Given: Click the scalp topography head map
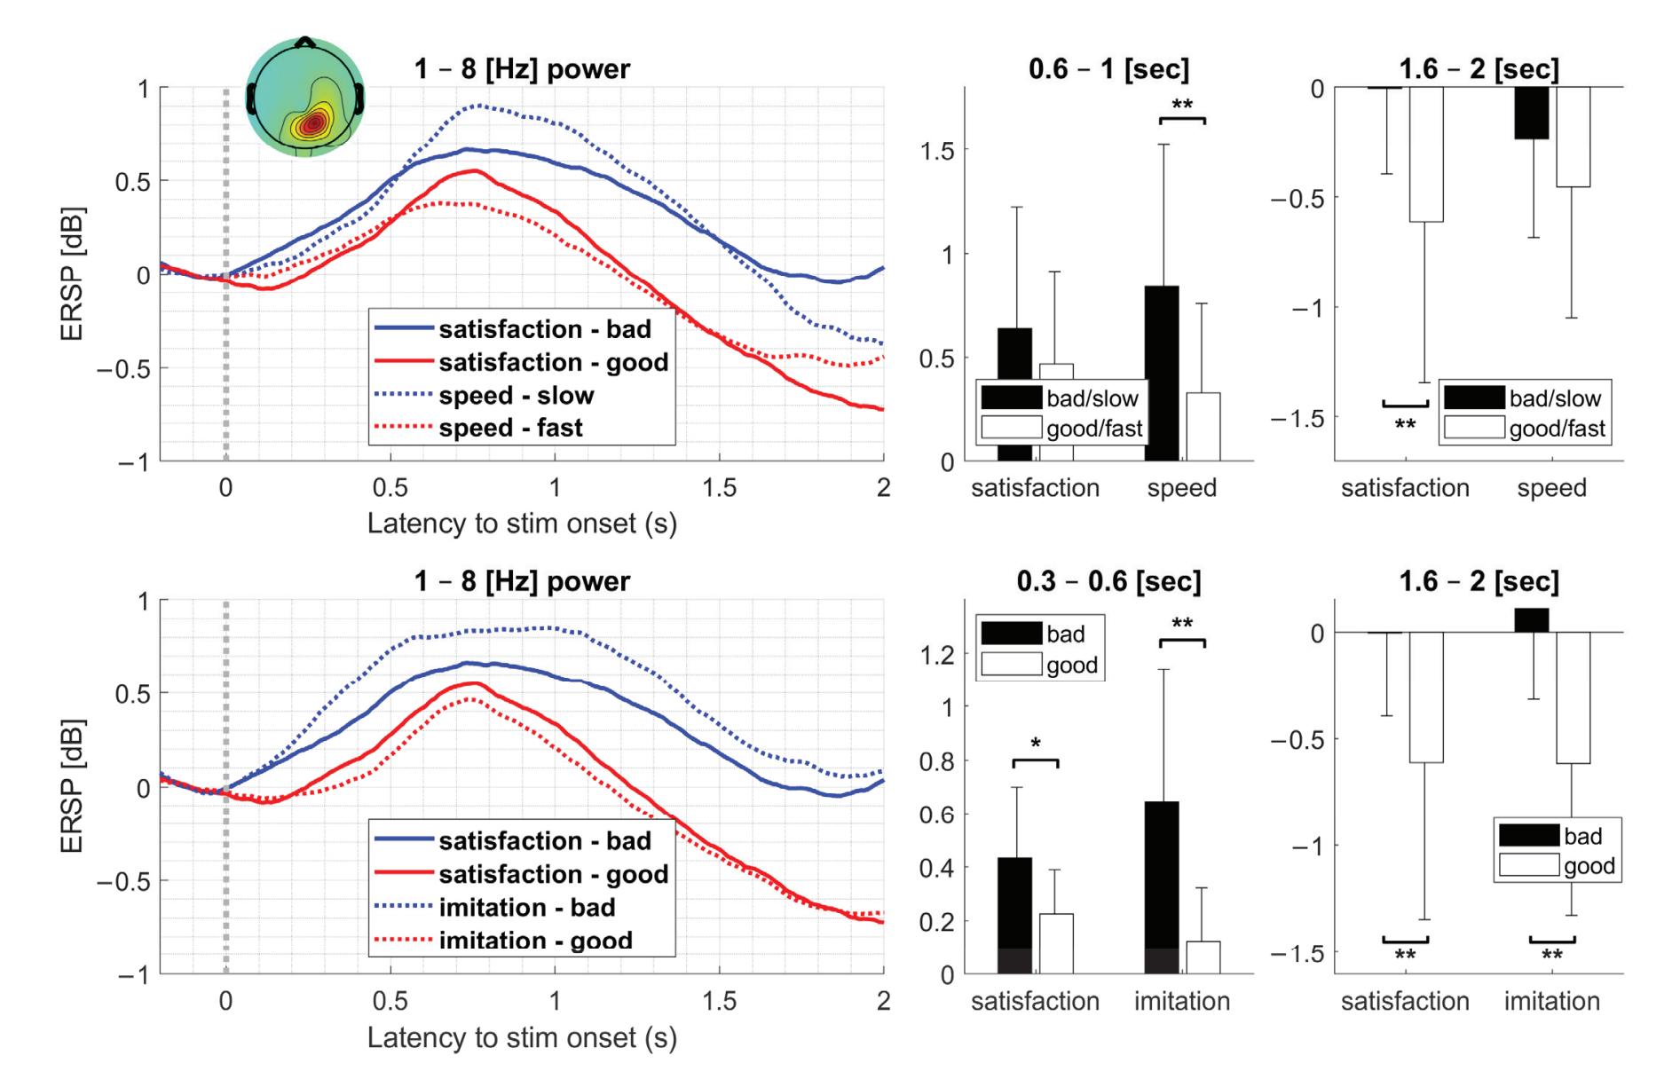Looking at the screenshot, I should (x=304, y=97).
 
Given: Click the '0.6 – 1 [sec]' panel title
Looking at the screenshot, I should (x=1108, y=69).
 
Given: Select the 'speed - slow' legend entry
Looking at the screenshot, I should (x=516, y=396).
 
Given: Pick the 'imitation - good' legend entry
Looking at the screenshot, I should (x=535, y=941).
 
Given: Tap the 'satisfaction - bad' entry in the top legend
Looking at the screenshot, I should (x=544, y=329).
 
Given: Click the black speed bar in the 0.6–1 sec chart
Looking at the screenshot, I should (x=1162, y=373).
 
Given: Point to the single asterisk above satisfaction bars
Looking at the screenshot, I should (x=1035, y=744).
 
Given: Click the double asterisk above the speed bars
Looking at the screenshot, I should (x=1182, y=105).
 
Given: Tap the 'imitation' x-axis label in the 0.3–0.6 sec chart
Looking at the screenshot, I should (x=1182, y=1001).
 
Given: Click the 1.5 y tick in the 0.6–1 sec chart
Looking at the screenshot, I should (x=938, y=151).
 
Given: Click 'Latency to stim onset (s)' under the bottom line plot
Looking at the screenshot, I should (x=522, y=1037).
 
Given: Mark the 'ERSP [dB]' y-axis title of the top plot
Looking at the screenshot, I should (x=73, y=275).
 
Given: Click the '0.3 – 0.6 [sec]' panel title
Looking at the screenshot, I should (x=1108, y=582).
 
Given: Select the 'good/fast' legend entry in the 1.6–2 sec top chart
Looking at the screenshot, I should (x=1557, y=429).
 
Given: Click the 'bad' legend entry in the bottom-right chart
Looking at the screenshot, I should (x=1582, y=836).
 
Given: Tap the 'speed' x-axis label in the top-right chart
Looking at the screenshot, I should (x=1551, y=488).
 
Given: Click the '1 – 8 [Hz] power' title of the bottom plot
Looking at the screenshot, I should (x=522, y=582).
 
